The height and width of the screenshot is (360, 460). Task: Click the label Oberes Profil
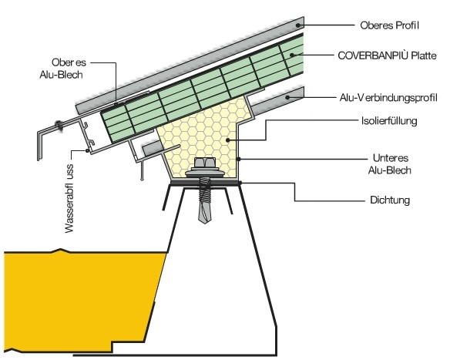[389, 25]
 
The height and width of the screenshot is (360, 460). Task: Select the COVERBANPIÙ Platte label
[387, 56]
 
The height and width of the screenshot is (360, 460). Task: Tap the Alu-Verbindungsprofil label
[388, 97]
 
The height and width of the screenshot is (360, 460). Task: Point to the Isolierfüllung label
[389, 120]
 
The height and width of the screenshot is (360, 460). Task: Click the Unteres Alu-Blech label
[390, 164]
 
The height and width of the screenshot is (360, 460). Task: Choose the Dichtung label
[390, 200]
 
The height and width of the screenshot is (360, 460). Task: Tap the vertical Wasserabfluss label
[69, 199]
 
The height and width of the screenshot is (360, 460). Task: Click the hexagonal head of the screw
[204, 162]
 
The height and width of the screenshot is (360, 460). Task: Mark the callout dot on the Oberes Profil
[297, 25]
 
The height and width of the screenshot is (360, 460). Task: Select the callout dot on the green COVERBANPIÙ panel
[292, 55]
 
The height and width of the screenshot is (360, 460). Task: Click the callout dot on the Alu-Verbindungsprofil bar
[288, 97]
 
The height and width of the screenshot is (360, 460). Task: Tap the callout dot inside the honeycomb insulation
[227, 140]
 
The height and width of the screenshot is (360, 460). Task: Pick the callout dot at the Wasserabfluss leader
[87, 151]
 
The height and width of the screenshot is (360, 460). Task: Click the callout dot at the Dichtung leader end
[240, 183]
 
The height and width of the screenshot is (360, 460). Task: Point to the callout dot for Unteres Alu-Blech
[239, 159]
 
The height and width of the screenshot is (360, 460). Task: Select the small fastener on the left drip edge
[59, 126]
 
